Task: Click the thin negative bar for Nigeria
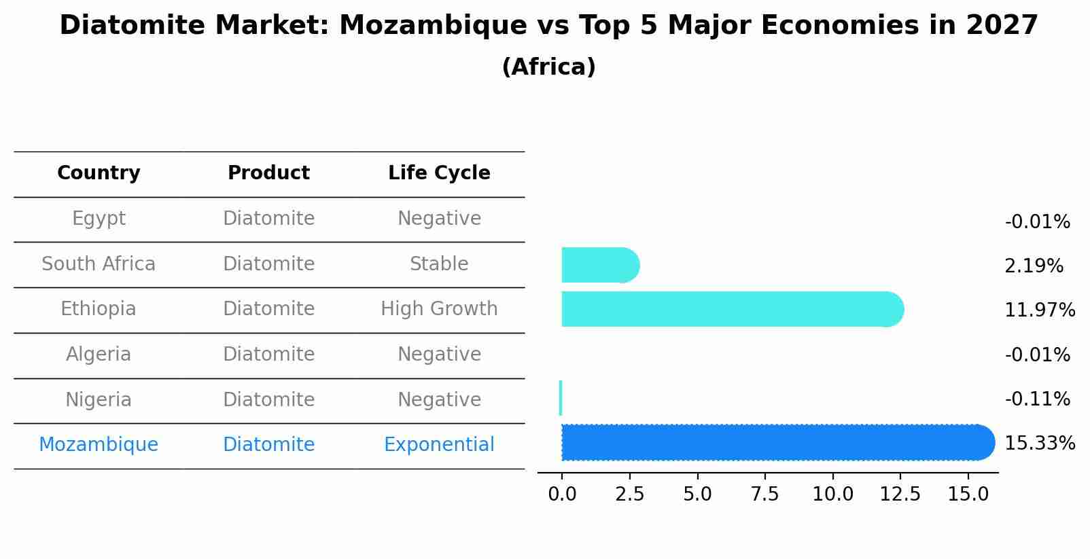click(561, 398)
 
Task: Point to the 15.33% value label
click(1039, 444)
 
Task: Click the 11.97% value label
click(1039, 310)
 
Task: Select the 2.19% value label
click(1034, 266)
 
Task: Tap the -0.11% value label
click(1037, 399)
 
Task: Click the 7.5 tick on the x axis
click(764, 494)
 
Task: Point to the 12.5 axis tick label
click(900, 494)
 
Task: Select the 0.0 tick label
click(562, 494)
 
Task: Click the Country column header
click(99, 173)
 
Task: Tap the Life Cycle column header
click(439, 173)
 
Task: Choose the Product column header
click(268, 173)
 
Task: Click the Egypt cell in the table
click(99, 219)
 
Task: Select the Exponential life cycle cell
click(439, 445)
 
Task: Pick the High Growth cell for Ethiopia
click(439, 309)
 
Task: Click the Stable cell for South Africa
click(439, 264)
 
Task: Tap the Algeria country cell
click(99, 355)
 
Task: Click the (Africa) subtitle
click(548, 67)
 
